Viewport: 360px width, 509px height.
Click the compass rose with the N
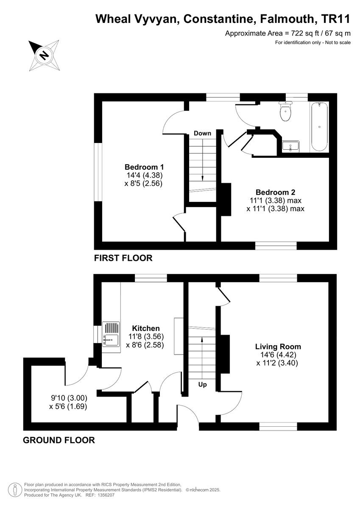[x=44, y=55]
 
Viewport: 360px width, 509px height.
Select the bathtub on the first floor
[x=319, y=126]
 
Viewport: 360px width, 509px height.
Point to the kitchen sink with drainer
[x=111, y=335]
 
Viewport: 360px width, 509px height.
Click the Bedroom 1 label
[x=144, y=167]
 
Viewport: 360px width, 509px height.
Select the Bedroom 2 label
[x=275, y=191]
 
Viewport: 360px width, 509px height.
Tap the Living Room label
[x=278, y=347]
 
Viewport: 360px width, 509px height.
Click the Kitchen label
[x=146, y=328]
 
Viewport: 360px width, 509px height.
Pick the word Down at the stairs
[x=202, y=133]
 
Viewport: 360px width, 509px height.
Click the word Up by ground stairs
[x=203, y=384]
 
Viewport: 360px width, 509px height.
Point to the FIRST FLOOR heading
[x=123, y=258]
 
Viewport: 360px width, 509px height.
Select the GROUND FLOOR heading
[x=59, y=440]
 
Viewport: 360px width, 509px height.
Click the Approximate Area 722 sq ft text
[x=287, y=33]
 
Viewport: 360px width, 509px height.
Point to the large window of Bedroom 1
[x=98, y=172]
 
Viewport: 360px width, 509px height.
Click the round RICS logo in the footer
[x=15, y=489]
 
